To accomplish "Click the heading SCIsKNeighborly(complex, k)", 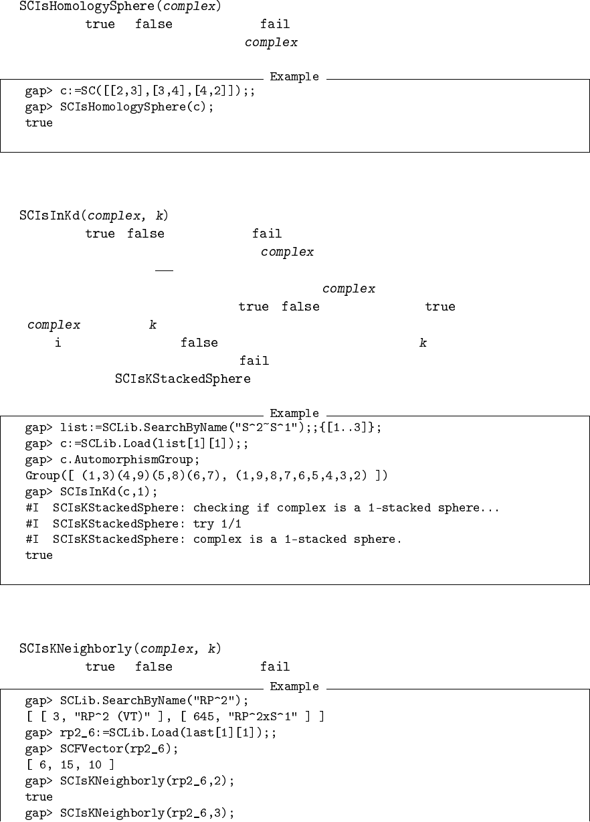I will [x=120, y=649].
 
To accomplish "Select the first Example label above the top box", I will [x=294, y=76].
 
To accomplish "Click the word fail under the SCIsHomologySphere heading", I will [x=275, y=25].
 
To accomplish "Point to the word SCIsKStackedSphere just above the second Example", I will [x=183, y=380].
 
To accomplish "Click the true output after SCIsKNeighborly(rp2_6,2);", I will [x=39, y=797].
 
